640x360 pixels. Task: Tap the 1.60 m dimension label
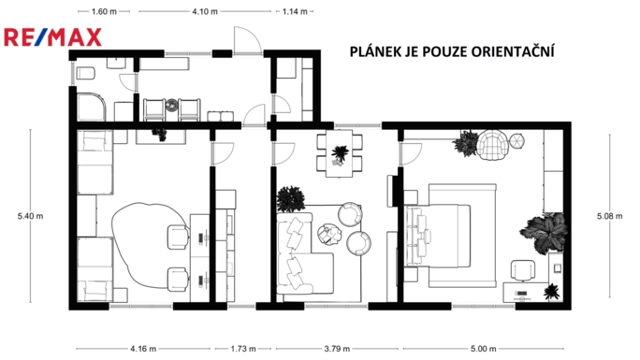click(104, 12)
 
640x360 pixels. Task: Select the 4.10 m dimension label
click(204, 12)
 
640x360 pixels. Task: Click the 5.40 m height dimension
click(31, 216)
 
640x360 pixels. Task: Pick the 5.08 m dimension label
click(609, 216)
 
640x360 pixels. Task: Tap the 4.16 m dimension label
click(143, 349)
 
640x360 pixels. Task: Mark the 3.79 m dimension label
click(337, 349)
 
